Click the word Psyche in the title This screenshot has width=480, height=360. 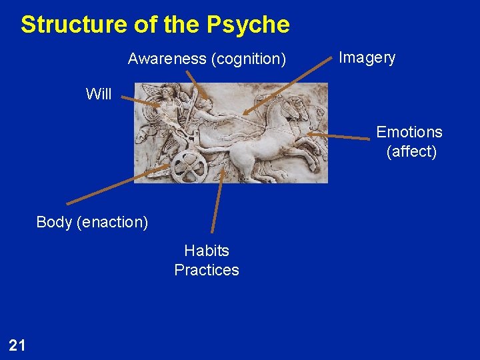247,25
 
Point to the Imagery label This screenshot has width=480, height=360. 367,57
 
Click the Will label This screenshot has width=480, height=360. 99,94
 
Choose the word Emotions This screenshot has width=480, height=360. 409,132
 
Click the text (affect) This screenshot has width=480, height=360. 411,151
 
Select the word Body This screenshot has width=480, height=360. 54,222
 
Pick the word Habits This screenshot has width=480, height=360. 207,251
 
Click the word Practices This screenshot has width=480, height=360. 207,270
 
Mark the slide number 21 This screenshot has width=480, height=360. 17,345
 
